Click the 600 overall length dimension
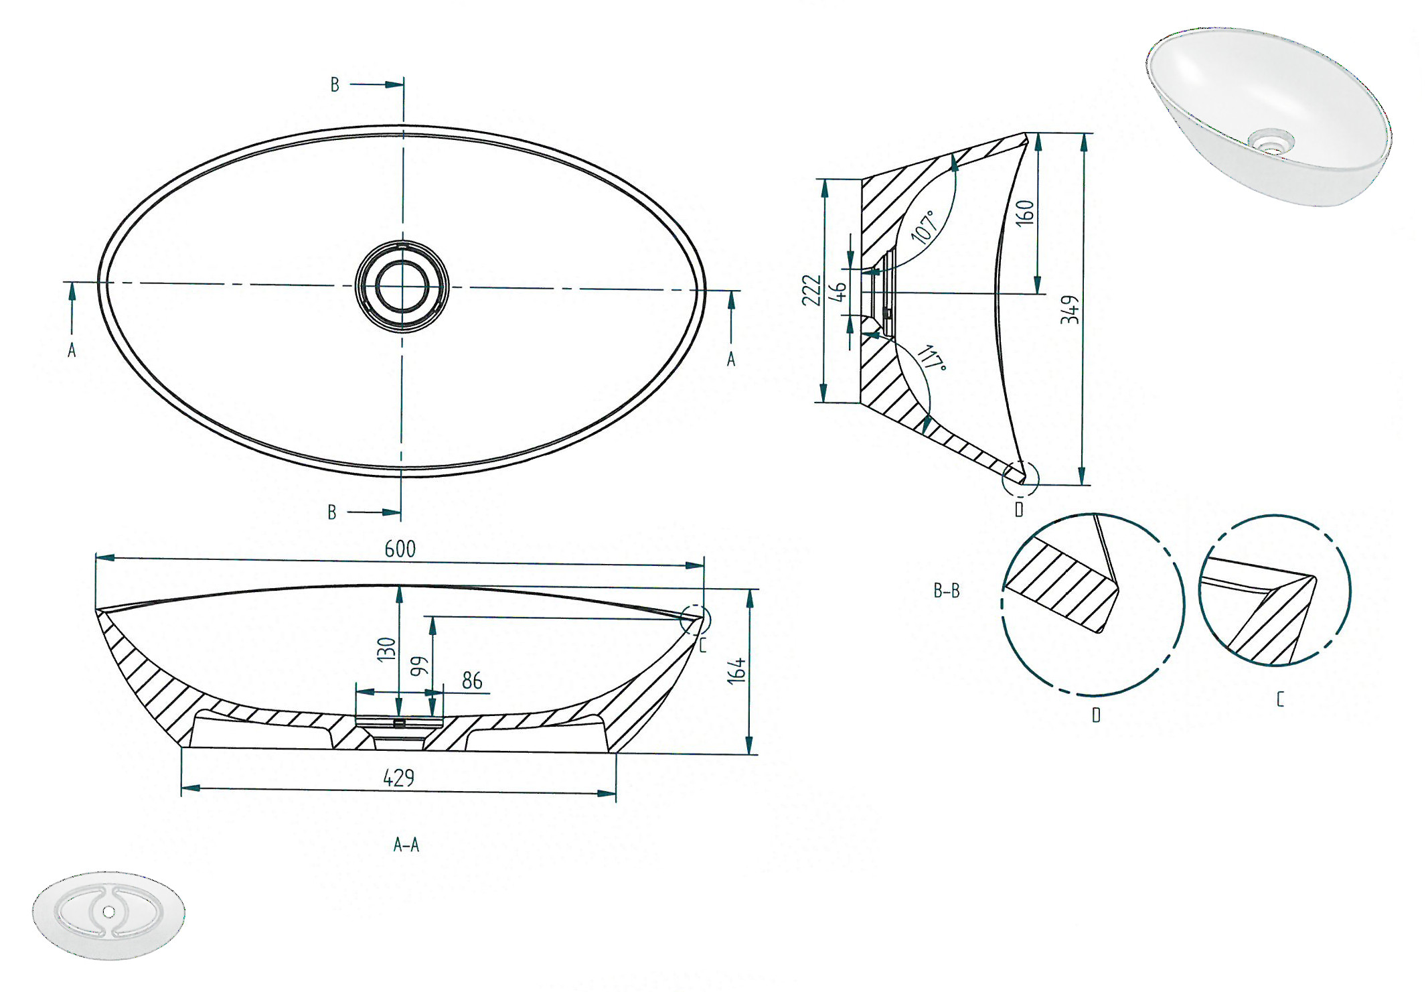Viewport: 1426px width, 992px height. [x=400, y=549]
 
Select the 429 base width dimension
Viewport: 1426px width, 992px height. [x=399, y=778]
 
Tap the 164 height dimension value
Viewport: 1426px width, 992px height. [x=736, y=670]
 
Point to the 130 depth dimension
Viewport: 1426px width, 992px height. [x=386, y=649]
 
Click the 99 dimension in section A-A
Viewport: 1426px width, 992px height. [x=418, y=666]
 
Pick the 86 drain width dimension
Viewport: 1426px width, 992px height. [x=472, y=681]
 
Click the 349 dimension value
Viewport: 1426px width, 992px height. [x=1070, y=309]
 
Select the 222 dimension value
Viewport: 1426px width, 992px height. [x=811, y=290]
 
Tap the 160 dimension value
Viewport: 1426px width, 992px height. [x=1025, y=213]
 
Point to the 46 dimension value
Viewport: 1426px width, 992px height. [x=838, y=291]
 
